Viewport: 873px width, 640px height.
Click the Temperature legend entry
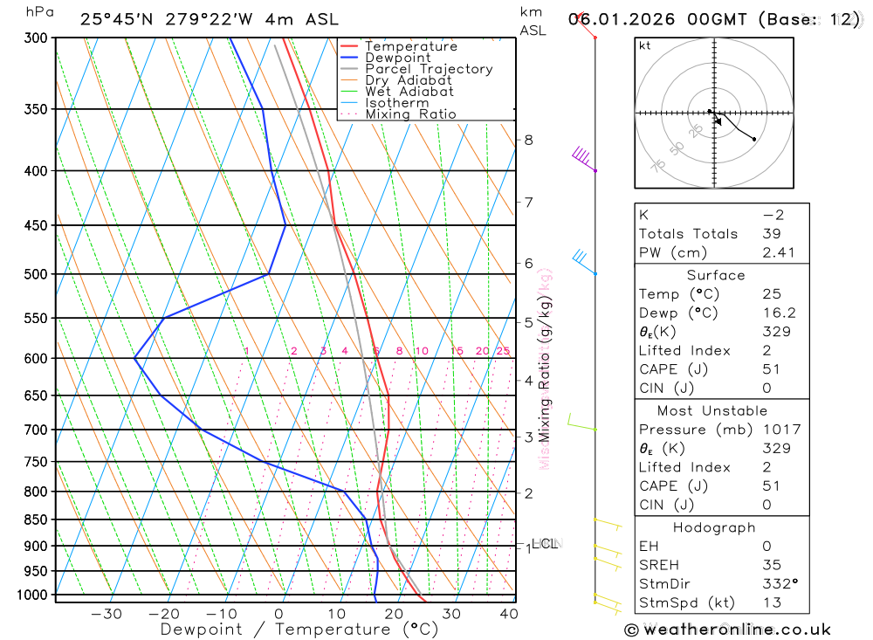click(410, 46)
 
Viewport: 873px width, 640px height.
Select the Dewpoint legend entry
click(397, 58)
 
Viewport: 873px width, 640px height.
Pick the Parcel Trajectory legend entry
click(429, 69)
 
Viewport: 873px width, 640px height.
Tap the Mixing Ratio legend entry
click(410, 114)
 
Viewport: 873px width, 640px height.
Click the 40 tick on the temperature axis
click(508, 614)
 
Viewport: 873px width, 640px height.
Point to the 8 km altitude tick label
click(528, 140)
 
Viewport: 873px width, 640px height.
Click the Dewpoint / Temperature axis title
click(299, 629)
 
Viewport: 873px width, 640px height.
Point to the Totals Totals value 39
click(768, 233)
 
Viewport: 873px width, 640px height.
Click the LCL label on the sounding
click(544, 543)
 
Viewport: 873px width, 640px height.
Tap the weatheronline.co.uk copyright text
click(727, 630)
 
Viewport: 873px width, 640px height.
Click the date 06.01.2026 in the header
click(620, 19)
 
